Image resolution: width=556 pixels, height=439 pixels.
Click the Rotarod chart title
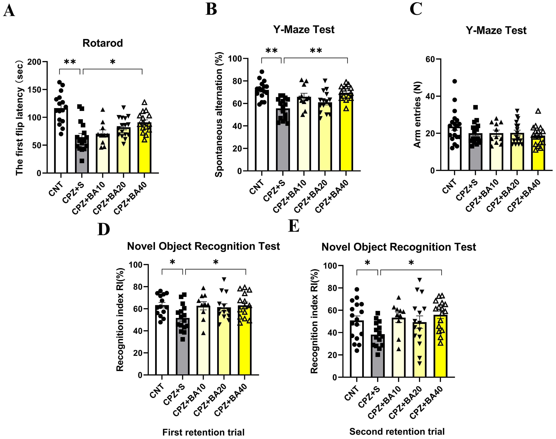pyautogui.click(x=102, y=43)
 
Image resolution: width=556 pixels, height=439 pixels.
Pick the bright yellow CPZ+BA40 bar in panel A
pyautogui.click(x=144, y=154)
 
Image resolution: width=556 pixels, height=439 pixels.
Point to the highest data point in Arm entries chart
pyautogui.click(x=454, y=81)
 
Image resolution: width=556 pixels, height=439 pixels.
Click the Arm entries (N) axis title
pyautogui.click(x=417, y=115)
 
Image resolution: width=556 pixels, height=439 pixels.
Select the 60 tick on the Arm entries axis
pyautogui.click(x=430, y=59)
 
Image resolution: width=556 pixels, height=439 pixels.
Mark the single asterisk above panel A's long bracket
pyautogui.click(x=112, y=62)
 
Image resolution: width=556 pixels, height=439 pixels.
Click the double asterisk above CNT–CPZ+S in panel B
pyautogui.click(x=271, y=51)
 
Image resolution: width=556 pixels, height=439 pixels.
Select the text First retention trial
pyautogui.click(x=203, y=432)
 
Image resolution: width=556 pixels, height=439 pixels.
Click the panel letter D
pyautogui.click(x=103, y=229)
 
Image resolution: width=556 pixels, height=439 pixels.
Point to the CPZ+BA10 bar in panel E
pyautogui.click(x=398, y=350)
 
